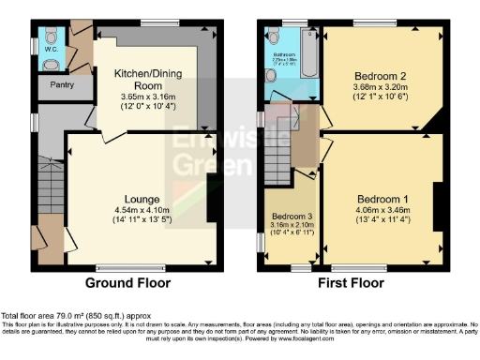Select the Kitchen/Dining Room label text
coord(145,78)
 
